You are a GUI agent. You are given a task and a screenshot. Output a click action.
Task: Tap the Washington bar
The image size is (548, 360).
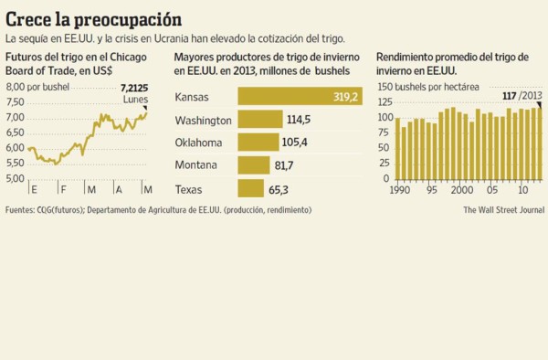click(x=259, y=120)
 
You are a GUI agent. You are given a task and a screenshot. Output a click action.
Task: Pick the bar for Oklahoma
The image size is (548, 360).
click(x=258, y=143)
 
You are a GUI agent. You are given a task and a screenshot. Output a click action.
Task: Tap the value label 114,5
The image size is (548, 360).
click(x=300, y=120)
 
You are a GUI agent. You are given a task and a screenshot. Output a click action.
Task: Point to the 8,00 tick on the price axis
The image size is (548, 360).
click(x=16, y=86)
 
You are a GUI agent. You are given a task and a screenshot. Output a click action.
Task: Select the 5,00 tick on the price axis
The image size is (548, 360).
click(x=16, y=178)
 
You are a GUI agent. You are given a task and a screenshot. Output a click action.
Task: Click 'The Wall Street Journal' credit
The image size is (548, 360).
click(x=503, y=209)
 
